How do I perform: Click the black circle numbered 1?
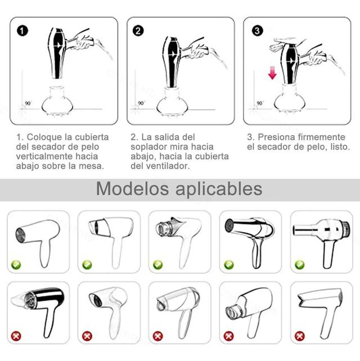pos(22,31)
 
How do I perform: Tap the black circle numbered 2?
pos(138,31)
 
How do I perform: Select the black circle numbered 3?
pos(257,31)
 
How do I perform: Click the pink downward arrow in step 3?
pos(272,73)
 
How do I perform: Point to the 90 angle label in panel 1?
pos(28,103)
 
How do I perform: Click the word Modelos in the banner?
pos(132,189)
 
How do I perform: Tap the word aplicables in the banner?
pos(219,189)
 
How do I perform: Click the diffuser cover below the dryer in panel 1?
pos(57,100)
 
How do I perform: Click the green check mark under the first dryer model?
pos(16,265)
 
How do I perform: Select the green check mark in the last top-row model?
pos(300,265)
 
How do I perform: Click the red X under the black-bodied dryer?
pos(16,336)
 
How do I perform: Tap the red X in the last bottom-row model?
pos(300,336)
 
